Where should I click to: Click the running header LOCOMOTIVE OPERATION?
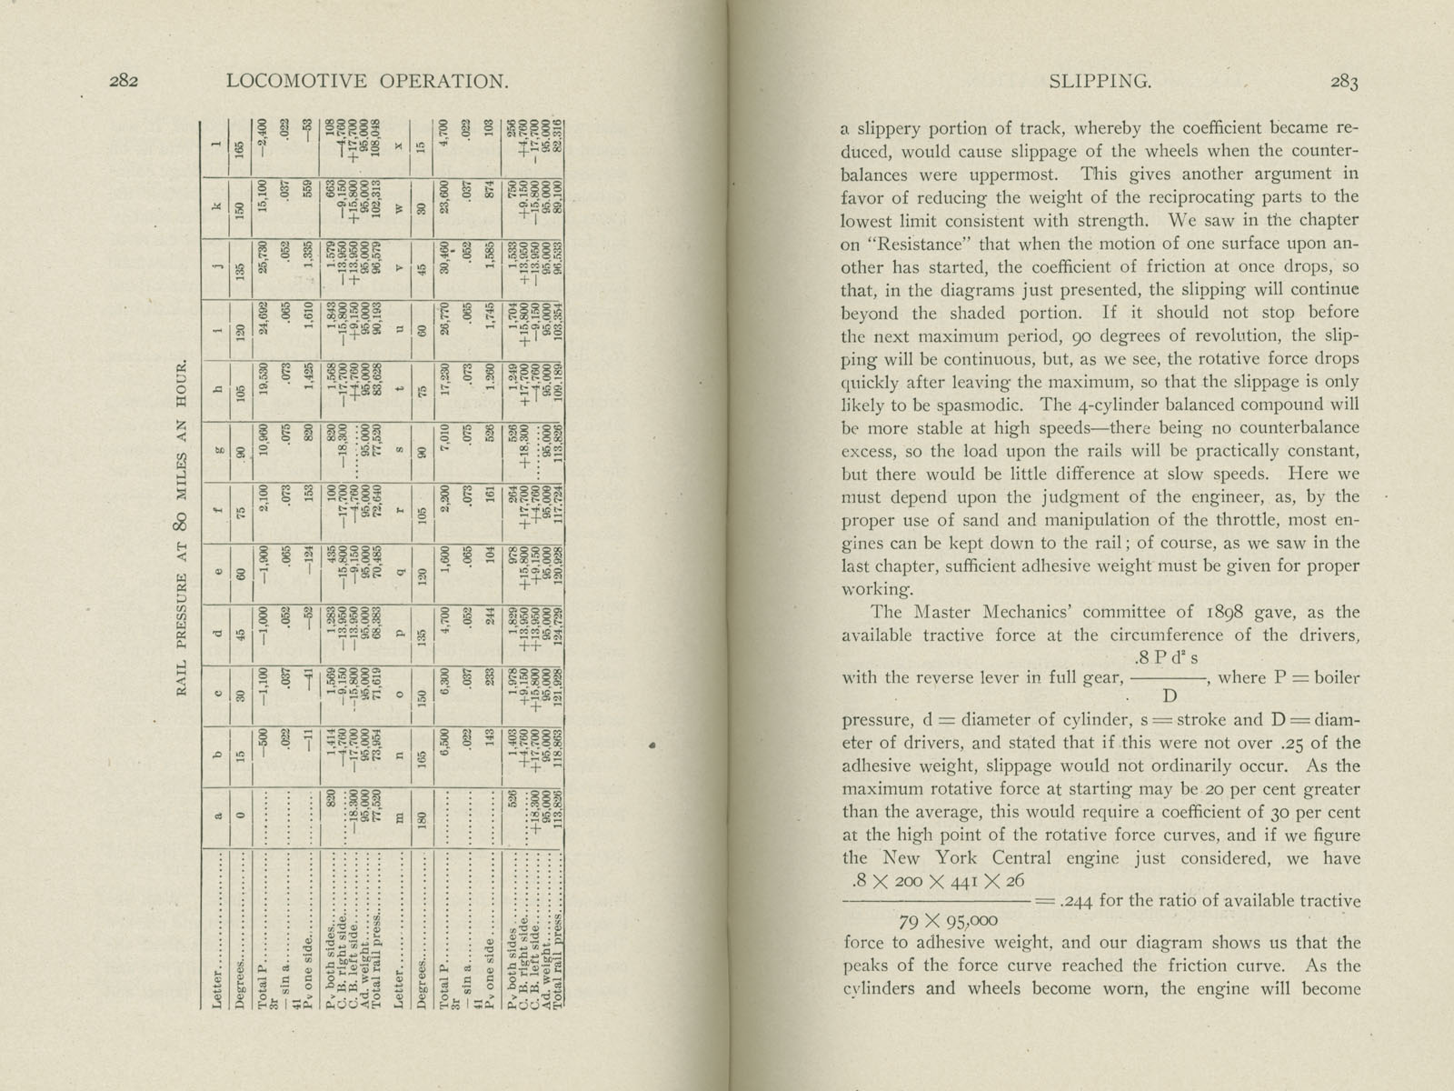coord(366,81)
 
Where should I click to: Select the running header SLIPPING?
coord(1100,81)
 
